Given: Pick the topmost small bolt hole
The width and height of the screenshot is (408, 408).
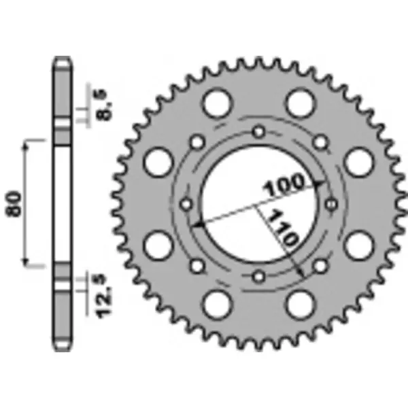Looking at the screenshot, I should click(x=258, y=131).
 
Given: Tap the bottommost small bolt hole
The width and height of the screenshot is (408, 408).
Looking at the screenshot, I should click(x=258, y=276).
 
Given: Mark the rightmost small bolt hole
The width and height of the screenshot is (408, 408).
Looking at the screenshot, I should click(x=331, y=203).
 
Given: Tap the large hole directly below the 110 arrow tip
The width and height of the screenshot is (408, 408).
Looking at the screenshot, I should click(x=299, y=304).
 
